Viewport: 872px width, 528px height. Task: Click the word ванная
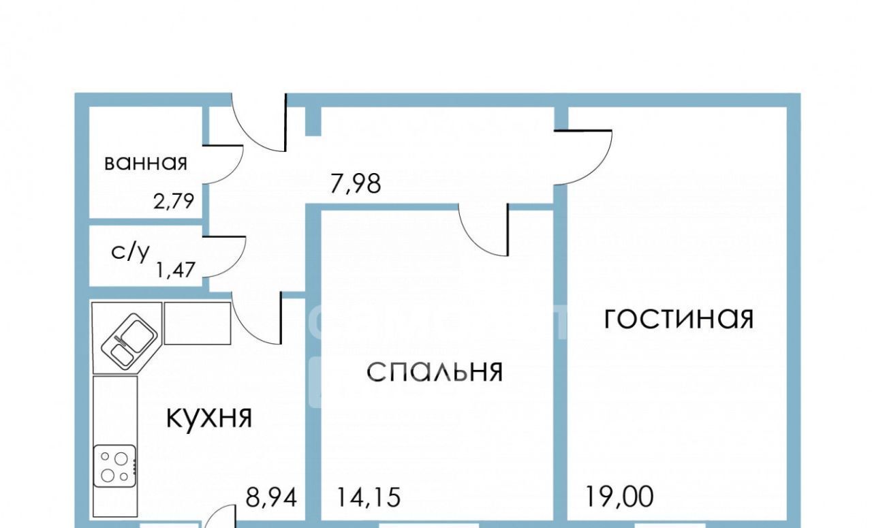click(145, 164)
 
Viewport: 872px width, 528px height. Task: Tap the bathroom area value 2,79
click(174, 201)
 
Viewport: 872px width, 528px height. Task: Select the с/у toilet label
click(130, 252)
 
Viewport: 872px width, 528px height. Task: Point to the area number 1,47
click(176, 270)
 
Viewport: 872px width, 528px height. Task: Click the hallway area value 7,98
click(356, 184)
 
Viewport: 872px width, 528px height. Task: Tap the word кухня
click(209, 417)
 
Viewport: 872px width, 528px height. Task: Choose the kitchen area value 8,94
click(272, 499)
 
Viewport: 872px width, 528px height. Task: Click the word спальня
click(435, 372)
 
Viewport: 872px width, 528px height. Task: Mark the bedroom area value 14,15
click(369, 499)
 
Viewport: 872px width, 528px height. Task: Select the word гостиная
click(679, 318)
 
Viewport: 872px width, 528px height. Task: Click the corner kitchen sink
click(129, 339)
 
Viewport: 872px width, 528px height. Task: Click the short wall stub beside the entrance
click(312, 121)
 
